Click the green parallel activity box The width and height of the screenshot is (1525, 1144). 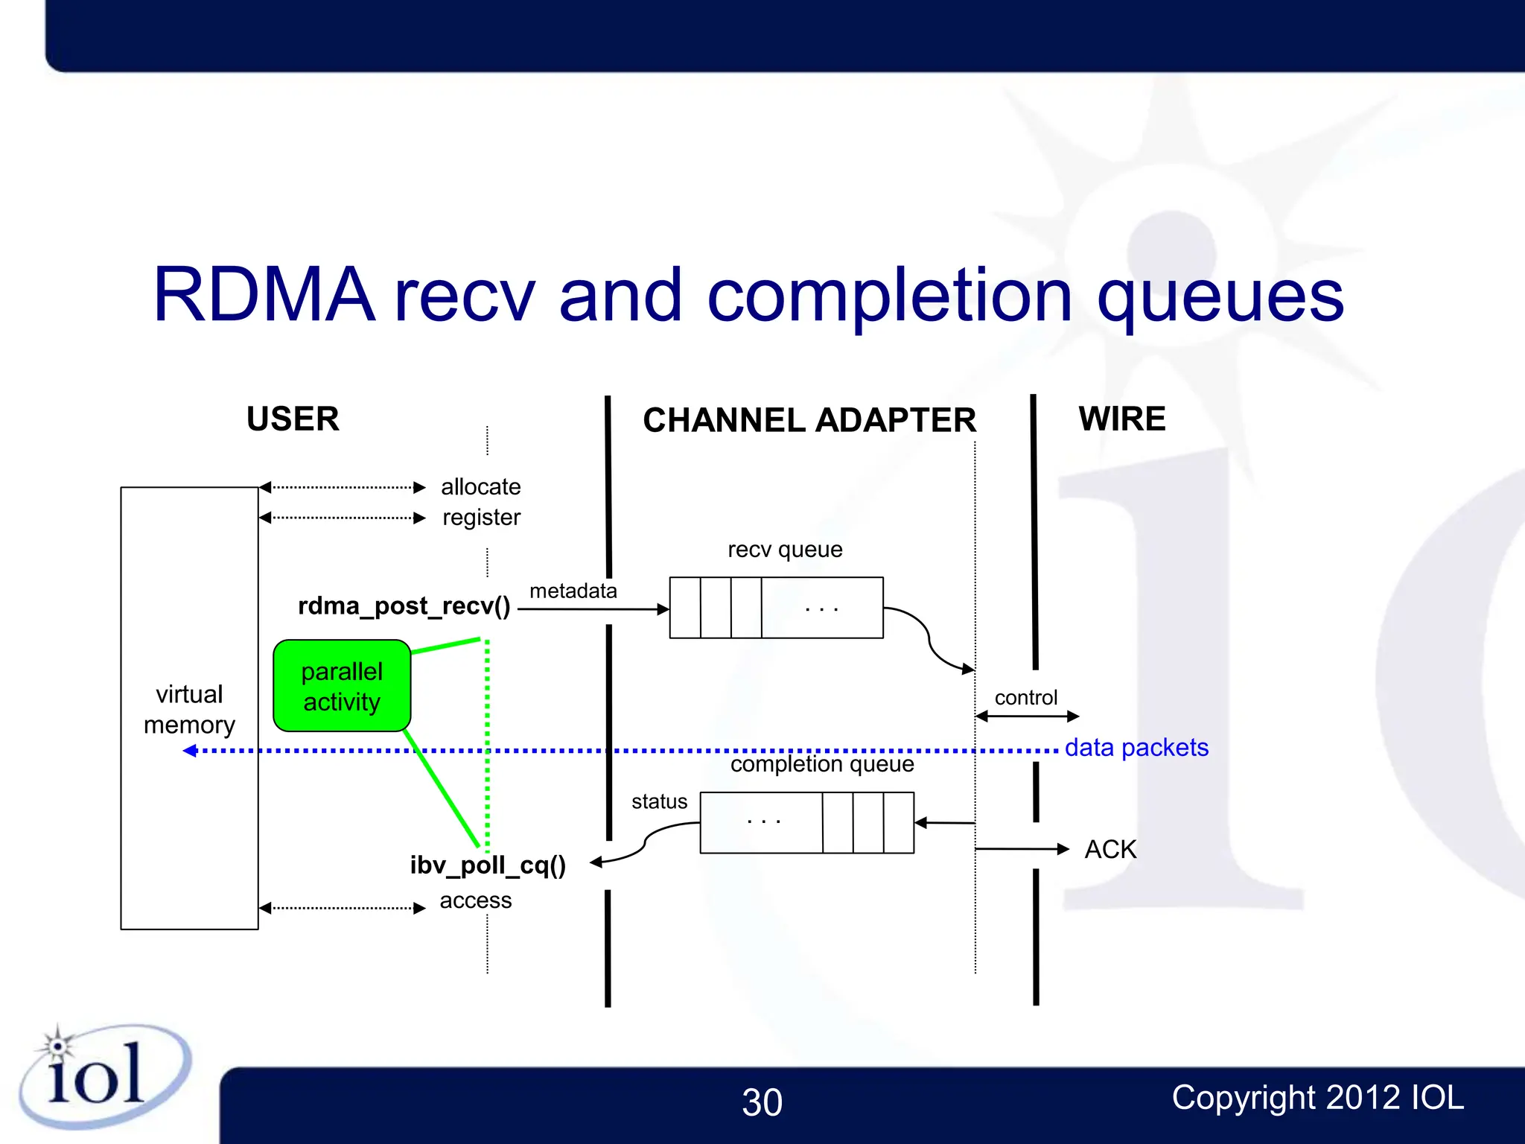click(342, 686)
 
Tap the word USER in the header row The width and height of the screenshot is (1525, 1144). click(293, 419)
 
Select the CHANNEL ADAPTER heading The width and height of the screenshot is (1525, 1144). click(809, 420)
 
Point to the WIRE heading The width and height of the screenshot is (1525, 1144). click(1121, 419)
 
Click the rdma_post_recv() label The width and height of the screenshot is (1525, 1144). click(404, 606)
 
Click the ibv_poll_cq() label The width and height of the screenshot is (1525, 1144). click(488, 865)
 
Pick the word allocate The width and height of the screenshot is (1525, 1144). click(480, 487)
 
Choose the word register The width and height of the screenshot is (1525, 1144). click(481, 518)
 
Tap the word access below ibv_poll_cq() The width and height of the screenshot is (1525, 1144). click(475, 900)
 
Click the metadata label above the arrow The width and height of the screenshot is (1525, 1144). click(573, 591)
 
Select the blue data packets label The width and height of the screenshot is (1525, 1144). click(1136, 748)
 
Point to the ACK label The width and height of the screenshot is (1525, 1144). click(1110, 850)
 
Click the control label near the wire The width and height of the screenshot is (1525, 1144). click(1025, 698)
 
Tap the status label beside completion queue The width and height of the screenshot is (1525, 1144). click(659, 802)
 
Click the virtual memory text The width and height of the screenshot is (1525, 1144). click(189, 709)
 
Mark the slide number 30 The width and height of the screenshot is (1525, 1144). click(762, 1102)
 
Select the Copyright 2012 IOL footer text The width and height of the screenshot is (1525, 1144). click(1317, 1098)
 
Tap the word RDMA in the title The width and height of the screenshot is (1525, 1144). click(264, 296)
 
